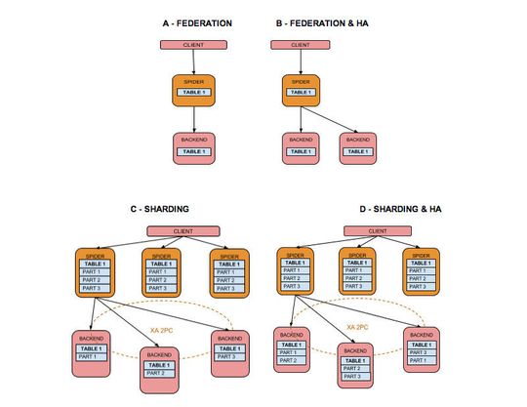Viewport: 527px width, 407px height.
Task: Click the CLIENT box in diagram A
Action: click(195, 45)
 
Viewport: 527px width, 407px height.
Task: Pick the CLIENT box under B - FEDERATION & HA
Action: click(301, 45)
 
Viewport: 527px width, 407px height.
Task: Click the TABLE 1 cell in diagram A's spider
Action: click(195, 93)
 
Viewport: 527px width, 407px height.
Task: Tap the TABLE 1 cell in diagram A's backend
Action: click(195, 152)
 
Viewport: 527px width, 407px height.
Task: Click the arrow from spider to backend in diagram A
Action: click(195, 119)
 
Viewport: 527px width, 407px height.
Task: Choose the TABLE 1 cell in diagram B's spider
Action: click(301, 93)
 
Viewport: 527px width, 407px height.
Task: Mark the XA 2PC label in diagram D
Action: click(356, 328)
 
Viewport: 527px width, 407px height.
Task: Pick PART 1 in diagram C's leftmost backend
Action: click(91, 357)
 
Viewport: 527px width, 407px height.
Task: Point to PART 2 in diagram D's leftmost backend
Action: click(290, 361)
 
